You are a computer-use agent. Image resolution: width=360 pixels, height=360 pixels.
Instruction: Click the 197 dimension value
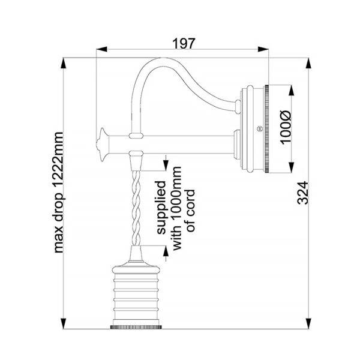(184, 44)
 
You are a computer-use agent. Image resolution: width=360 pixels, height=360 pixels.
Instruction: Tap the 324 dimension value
(302, 193)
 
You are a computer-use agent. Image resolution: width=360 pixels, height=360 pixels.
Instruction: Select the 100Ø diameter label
(286, 128)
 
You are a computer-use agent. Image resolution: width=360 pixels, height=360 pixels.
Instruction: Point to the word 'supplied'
(161, 208)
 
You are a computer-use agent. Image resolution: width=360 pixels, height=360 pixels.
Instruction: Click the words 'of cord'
(191, 211)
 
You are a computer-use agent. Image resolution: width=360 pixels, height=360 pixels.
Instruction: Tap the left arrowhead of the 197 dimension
(102, 49)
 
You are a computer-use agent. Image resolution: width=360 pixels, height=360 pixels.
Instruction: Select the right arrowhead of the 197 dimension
(263, 49)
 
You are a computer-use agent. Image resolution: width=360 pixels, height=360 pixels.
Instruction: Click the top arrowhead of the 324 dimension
(309, 63)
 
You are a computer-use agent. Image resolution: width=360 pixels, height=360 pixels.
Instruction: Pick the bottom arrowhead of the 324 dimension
(309, 324)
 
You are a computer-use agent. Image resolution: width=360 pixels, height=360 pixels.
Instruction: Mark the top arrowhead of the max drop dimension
(63, 63)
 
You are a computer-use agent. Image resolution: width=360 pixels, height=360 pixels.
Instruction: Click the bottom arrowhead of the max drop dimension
(63, 324)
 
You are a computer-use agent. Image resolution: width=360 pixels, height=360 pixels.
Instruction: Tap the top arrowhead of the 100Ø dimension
(291, 91)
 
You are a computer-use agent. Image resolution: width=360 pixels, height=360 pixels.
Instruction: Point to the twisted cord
(136, 208)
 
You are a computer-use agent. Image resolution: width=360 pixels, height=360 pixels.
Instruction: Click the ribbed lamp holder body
(136, 295)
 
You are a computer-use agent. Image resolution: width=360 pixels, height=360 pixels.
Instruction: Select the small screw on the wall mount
(259, 129)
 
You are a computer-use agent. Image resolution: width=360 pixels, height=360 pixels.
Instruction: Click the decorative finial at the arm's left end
(102, 144)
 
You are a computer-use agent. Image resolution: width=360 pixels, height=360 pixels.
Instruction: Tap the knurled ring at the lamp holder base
(136, 327)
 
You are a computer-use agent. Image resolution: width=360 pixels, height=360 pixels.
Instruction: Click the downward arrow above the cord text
(166, 163)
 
